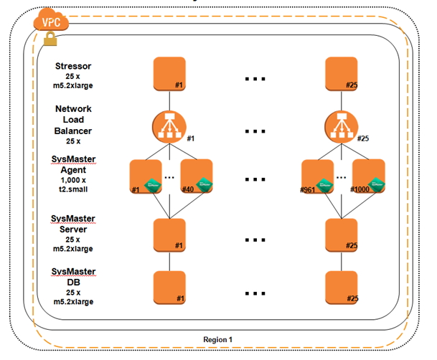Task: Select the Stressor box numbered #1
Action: click(x=169, y=74)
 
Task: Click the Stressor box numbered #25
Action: click(x=339, y=74)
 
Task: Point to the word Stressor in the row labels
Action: click(x=73, y=67)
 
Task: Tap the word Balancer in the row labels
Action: click(x=73, y=131)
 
